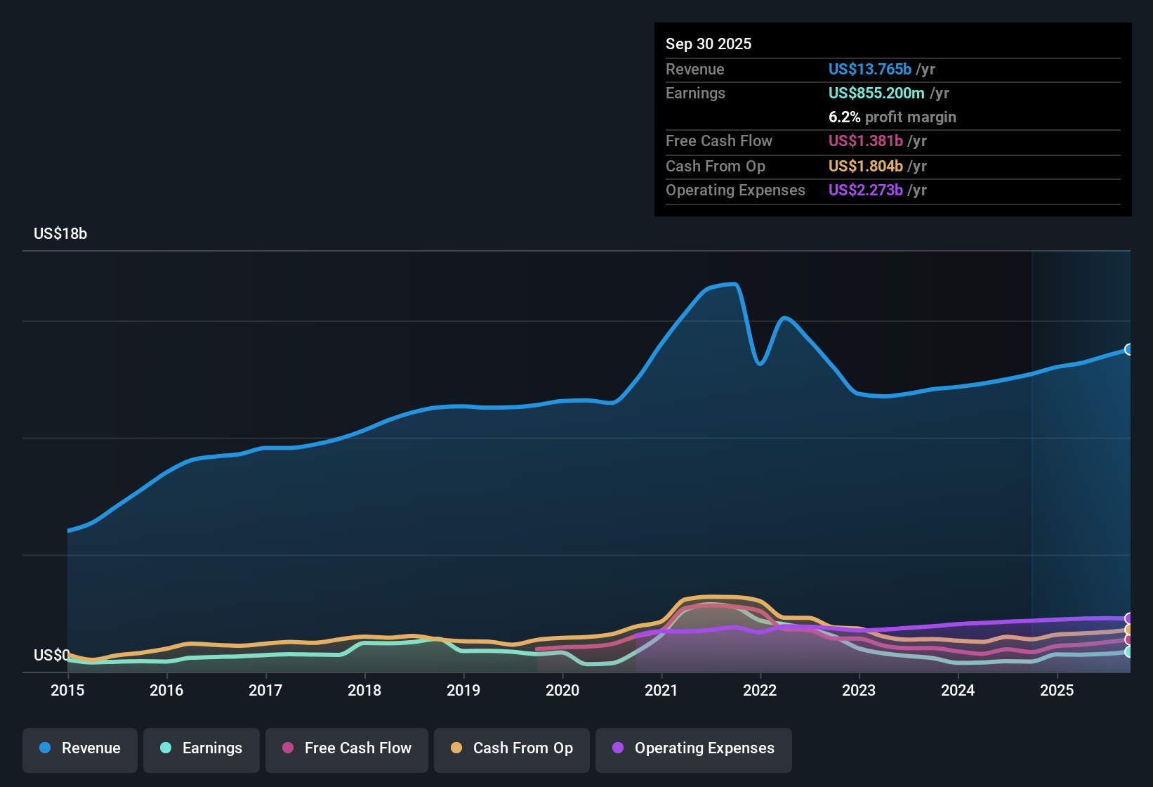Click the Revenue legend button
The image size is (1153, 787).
(80, 748)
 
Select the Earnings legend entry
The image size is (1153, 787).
(202, 748)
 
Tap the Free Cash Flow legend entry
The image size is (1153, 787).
(347, 748)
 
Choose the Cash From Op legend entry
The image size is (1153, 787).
(512, 748)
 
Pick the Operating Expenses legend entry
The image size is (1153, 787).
(694, 748)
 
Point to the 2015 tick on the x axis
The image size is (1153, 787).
(67, 690)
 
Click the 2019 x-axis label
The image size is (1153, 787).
(463, 690)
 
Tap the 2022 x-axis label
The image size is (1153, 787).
(760, 690)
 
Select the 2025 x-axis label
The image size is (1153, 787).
(1057, 690)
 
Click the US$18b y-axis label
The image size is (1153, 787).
(60, 234)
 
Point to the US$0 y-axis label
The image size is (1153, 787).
(51, 656)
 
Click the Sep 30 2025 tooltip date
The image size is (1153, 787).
(709, 44)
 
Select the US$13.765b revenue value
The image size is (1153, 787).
(869, 70)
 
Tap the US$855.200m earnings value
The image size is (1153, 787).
(876, 93)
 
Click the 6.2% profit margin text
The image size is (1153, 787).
(892, 117)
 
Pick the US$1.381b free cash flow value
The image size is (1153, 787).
(865, 141)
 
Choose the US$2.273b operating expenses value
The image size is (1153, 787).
(865, 190)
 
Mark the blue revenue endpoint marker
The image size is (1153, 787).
(1128, 349)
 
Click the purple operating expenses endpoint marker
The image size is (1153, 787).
(1128, 618)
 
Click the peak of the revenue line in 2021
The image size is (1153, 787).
(733, 284)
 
